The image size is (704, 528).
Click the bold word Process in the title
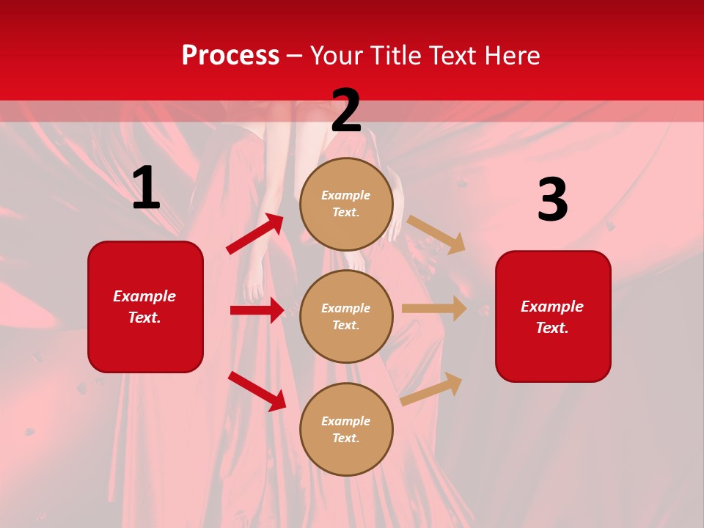tap(230, 56)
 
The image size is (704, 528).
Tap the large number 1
tap(146, 188)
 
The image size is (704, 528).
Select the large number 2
tap(346, 111)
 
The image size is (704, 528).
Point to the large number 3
tap(552, 200)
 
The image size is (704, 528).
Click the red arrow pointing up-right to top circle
tap(255, 234)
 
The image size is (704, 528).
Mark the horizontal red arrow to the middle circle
tap(257, 310)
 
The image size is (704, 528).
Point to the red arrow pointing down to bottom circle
tap(257, 391)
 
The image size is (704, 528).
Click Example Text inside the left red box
tap(144, 307)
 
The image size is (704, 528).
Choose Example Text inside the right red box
tap(552, 317)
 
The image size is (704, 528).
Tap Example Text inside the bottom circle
tap(346, 430)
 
